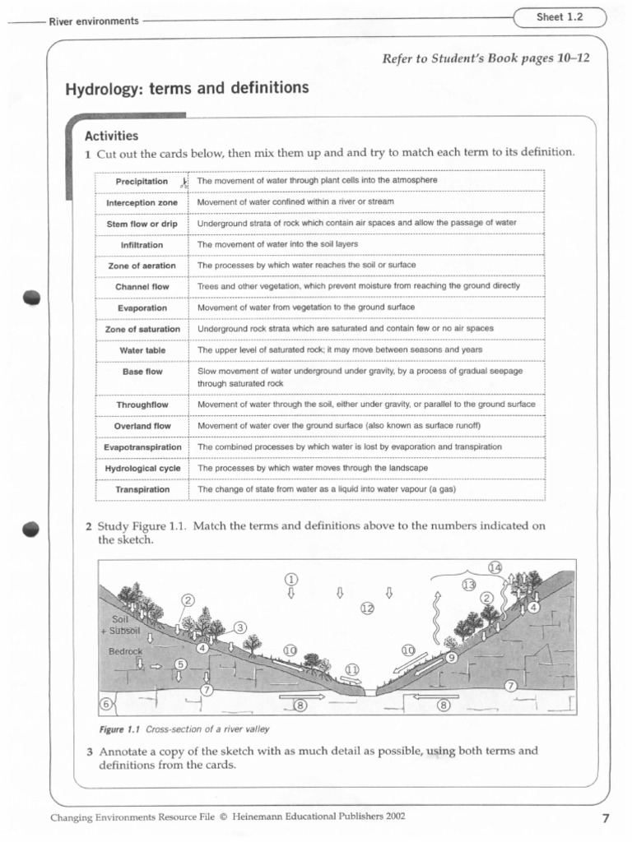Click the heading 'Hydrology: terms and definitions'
coord(187,88)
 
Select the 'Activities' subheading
coord(111,136)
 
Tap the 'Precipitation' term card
coord(142,181)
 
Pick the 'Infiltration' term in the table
coord(142,245)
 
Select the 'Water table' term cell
coord(142,350)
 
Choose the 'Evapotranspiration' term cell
coord(142,447)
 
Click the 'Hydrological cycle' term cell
coord(142,469)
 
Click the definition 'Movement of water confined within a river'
coord(295,201)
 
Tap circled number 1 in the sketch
coord(290,578)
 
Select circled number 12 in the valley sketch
coord(367,608)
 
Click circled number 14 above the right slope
coord(495,567)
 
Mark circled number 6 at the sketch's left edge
coord(105,704)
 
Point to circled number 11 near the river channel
coord(352,669)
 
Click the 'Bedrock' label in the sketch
coord(125,651)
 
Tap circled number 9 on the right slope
coord(452,657)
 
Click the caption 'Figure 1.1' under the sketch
coord(121,729)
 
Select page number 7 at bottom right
coord(605,817)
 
